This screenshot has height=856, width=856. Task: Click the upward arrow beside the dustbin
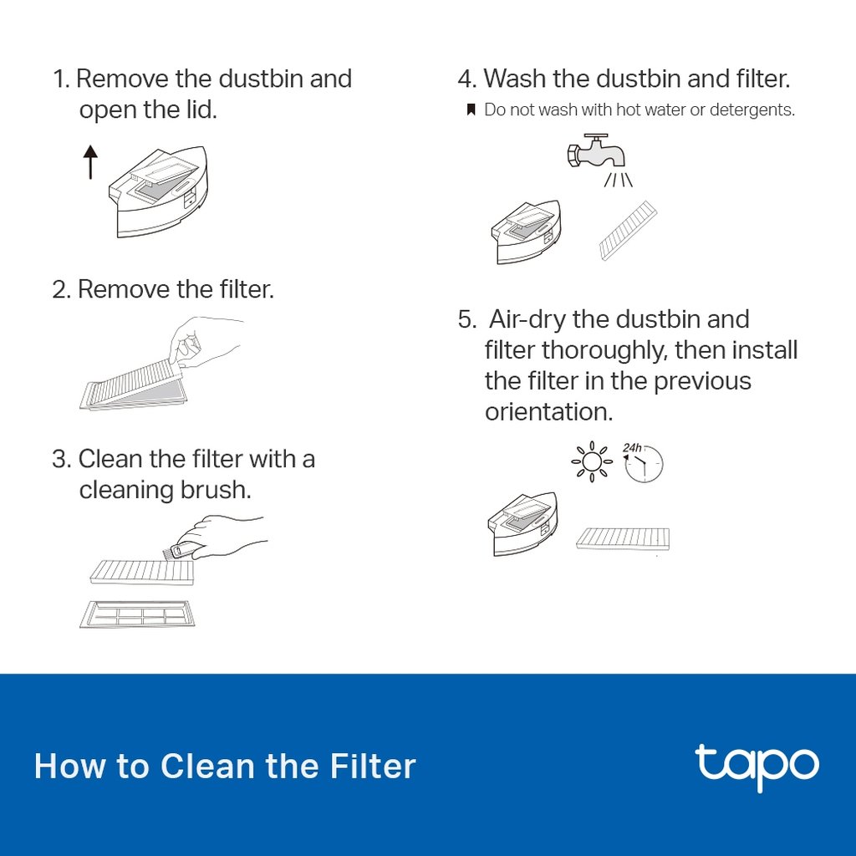pyautogui.click(x=90, y=162)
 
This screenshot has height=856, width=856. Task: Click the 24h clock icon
pyautogui.click(x=643, y=463)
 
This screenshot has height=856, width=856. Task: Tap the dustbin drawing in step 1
pyautogui.click(x=158, y=191)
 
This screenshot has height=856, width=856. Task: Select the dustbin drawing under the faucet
pyautogui.click(x=526, y=232)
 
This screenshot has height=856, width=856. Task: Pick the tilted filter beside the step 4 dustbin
pyautogui.click(x=628, y=231)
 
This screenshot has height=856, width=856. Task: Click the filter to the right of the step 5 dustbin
pyautogui.click(x=623, y=538)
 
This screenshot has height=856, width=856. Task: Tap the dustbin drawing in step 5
pyautogui.click(x=522, y=524)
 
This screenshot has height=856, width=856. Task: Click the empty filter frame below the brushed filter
pyautogui.click(x=137, y=614)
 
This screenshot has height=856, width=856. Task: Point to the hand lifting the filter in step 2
pyautogui.click(x=206, y=343)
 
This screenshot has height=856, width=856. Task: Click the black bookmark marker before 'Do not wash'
pyautogui.click(x=471, y=110)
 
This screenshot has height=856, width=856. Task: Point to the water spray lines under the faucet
pyautogui.click(x=619, y=180)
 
